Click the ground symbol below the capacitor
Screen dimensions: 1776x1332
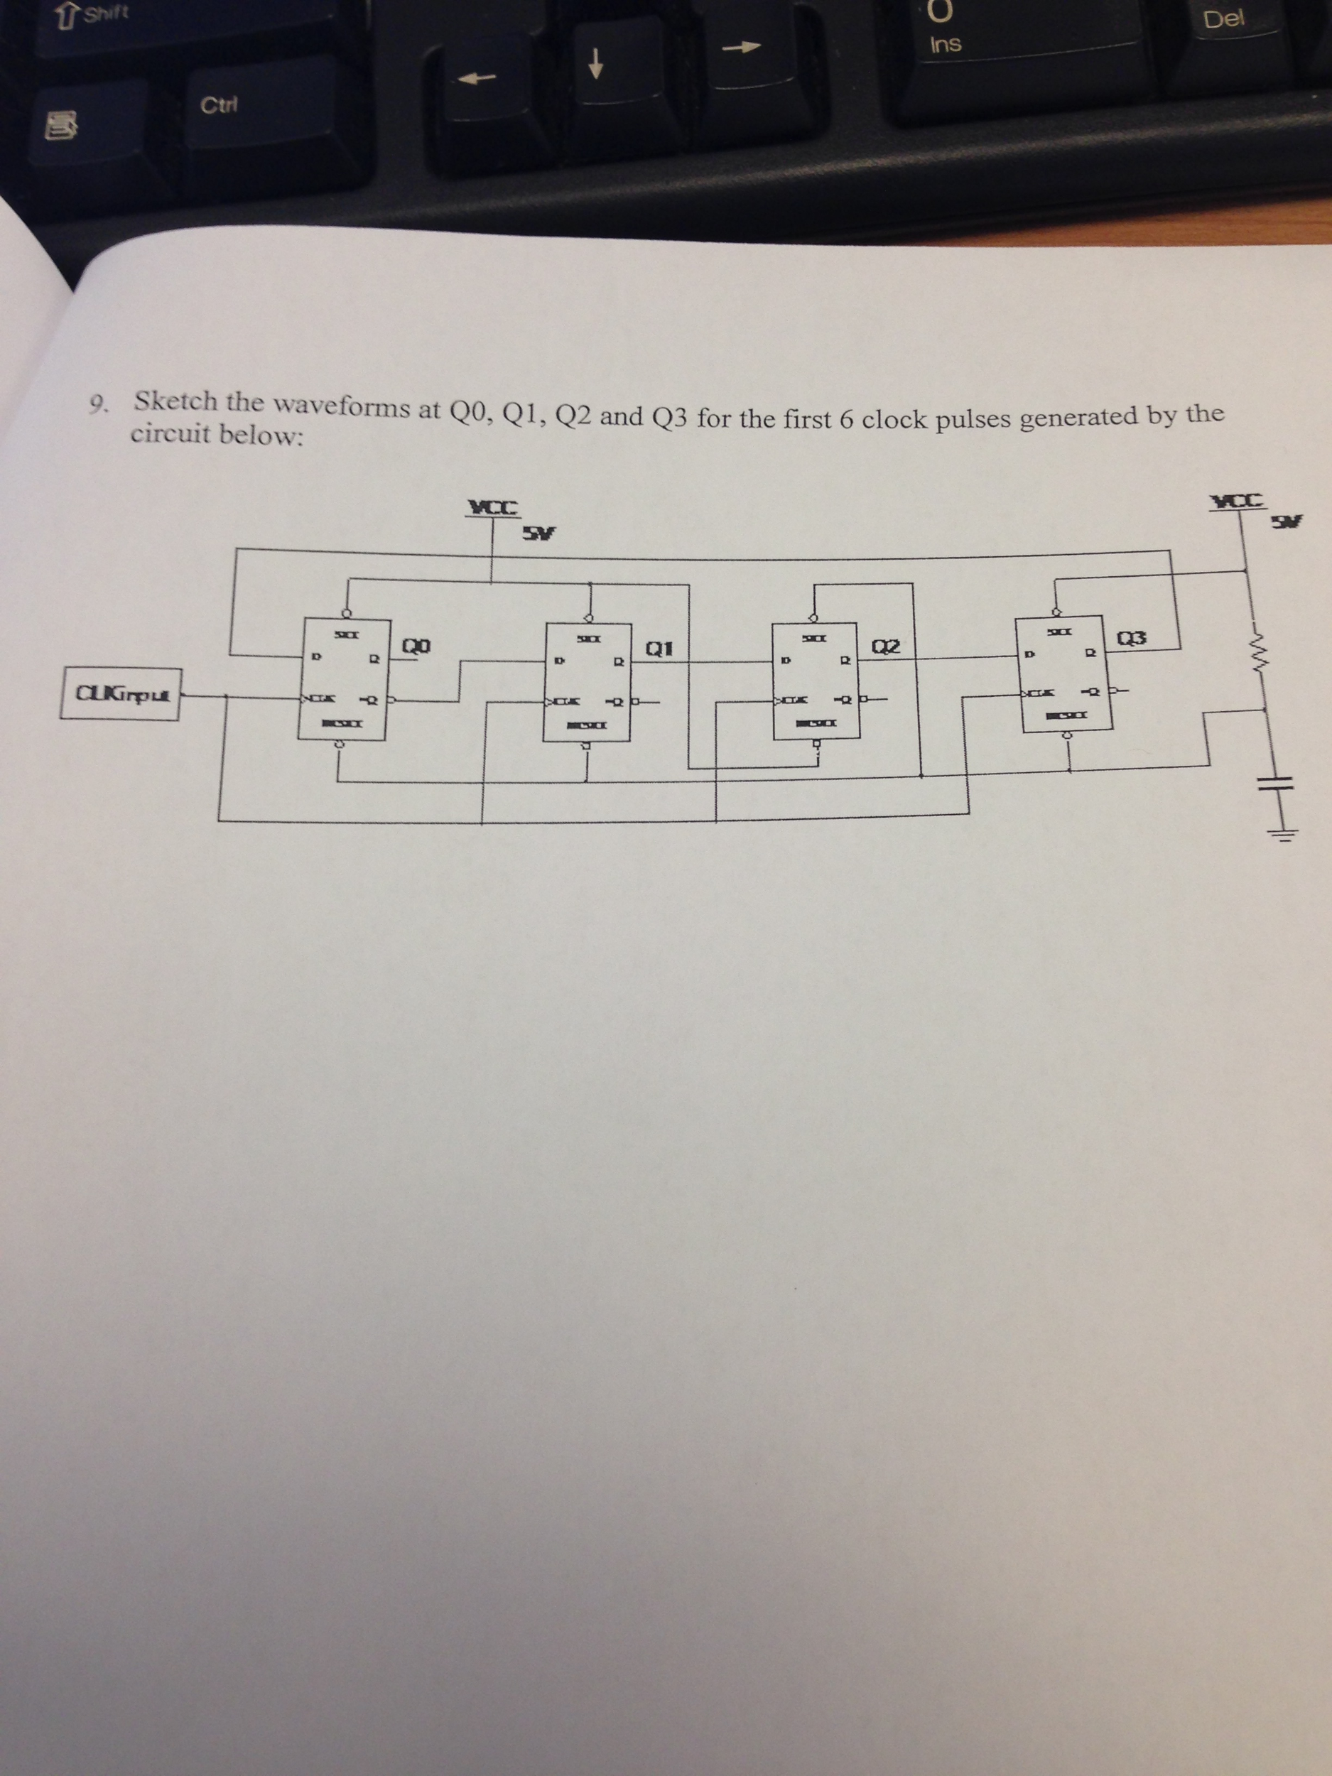pos(1282,834)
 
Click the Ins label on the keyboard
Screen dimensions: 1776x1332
pos(945,43)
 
